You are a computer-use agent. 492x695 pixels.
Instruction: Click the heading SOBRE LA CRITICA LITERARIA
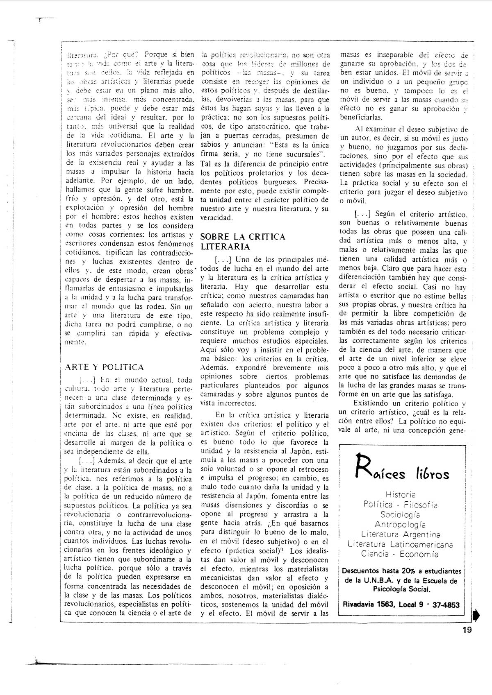pyautogui.click(x=243, y=242)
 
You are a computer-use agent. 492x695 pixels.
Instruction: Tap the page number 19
pyautogui.click(x=466, y=630)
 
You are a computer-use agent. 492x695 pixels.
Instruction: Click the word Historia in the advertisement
pyautogui.click(x=401, y=495)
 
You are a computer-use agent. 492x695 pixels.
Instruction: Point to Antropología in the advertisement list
pyautogui.click(x=400, y=524)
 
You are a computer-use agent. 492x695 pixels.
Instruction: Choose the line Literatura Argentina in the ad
pyautogui.click(x=401, y=534)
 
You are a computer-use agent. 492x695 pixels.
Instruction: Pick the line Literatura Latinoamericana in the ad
pyautogui.click(x=400, y=544)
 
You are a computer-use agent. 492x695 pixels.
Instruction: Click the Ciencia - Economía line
pyautogui.click(x=400, y=554)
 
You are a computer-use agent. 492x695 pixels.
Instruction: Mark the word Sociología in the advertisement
pyautogui.click(x=400, y=514)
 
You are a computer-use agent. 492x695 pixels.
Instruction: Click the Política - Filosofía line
pyautogui.click(x=400, y=505)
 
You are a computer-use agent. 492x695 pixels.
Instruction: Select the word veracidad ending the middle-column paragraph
pyautogui.click(x=216, y=217)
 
